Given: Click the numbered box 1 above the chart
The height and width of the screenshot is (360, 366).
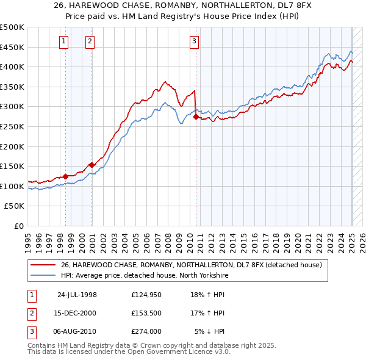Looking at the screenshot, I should (64, 41).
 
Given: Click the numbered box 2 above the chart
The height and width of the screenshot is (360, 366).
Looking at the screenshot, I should (90, 41).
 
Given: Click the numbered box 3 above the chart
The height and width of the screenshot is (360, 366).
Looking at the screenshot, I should (194, 41).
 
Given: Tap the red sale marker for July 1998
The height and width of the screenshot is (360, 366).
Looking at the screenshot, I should (66, 176).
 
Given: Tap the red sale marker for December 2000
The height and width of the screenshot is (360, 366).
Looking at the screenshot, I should (91, 165).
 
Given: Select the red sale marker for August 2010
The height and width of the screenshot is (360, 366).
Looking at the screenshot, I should (196, 117).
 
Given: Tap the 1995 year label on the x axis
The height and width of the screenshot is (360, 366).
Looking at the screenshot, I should (27, 239).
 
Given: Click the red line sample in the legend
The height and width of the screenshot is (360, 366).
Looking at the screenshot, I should (43, 265).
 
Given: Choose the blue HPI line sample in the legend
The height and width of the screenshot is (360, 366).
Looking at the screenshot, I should (43, 275).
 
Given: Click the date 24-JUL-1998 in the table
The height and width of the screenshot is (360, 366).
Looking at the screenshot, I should (77, 295).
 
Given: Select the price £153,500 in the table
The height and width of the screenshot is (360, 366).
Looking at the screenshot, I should (146, 313).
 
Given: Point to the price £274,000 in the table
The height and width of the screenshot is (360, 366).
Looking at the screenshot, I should (146, 331).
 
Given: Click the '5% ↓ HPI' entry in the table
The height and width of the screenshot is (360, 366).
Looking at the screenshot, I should (210, 331).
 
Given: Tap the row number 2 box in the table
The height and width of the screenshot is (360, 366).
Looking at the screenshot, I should (30, 313).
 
